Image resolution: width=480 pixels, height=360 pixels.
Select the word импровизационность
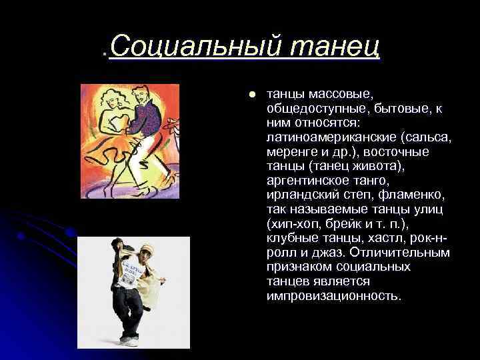[x=333, y=295]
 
